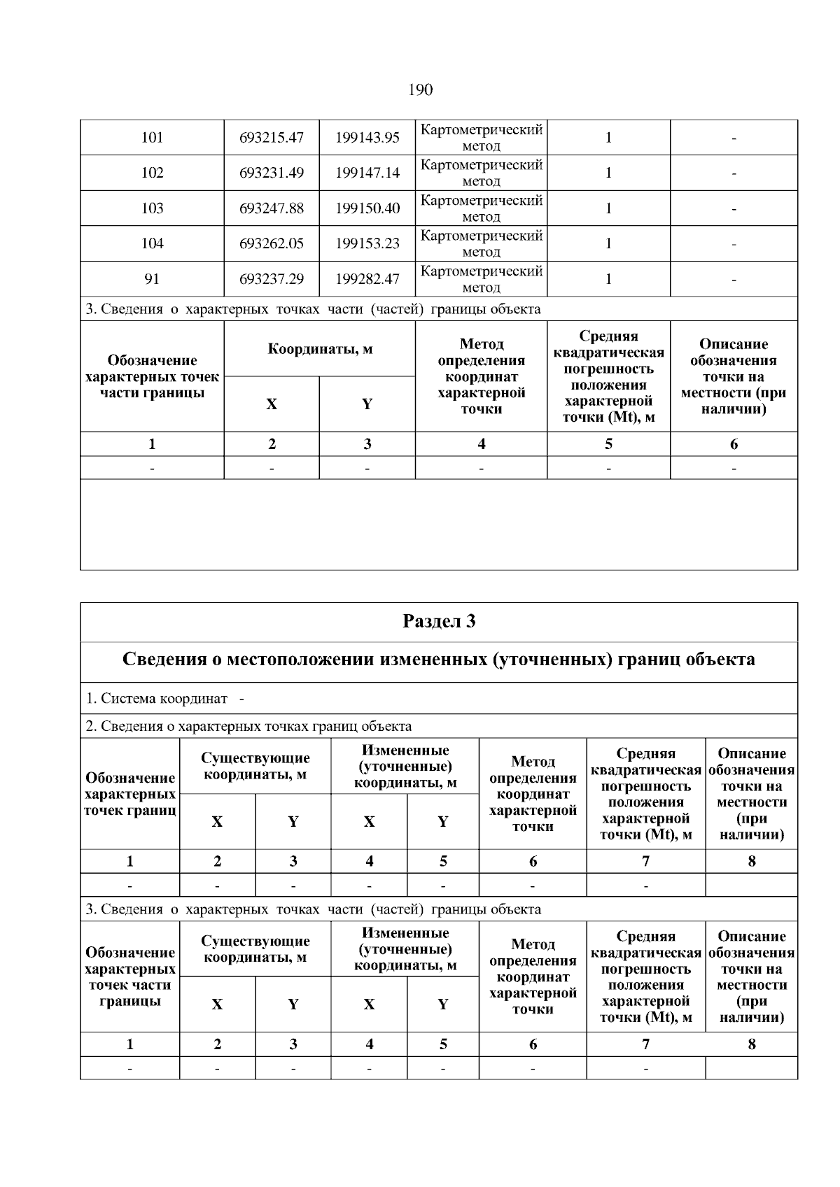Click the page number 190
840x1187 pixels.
[419, 90]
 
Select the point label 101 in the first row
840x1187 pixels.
[152, 138]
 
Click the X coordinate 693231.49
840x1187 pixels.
[272, 173]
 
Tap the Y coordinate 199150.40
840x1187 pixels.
[367, 208]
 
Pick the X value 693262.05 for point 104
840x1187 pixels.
[272, 243]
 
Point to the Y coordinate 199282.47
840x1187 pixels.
[367, 279]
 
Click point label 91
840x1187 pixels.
[152, 279]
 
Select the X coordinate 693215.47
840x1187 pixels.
[272, 138]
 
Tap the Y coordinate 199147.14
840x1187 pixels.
[367, 173]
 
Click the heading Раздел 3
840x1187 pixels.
[439, 621]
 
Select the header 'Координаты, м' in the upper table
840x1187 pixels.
[319, 348]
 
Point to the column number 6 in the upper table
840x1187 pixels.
[734, 444]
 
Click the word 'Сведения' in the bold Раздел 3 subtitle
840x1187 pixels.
[165, 660]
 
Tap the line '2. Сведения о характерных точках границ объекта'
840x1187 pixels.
[248, 726]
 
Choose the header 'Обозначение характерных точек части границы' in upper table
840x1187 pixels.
[152, 376]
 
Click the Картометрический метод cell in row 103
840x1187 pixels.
[481, 208]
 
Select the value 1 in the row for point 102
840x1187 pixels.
[608, 173]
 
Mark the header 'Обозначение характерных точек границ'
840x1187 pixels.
[129, 794]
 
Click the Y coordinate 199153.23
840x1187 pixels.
[367, 243]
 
